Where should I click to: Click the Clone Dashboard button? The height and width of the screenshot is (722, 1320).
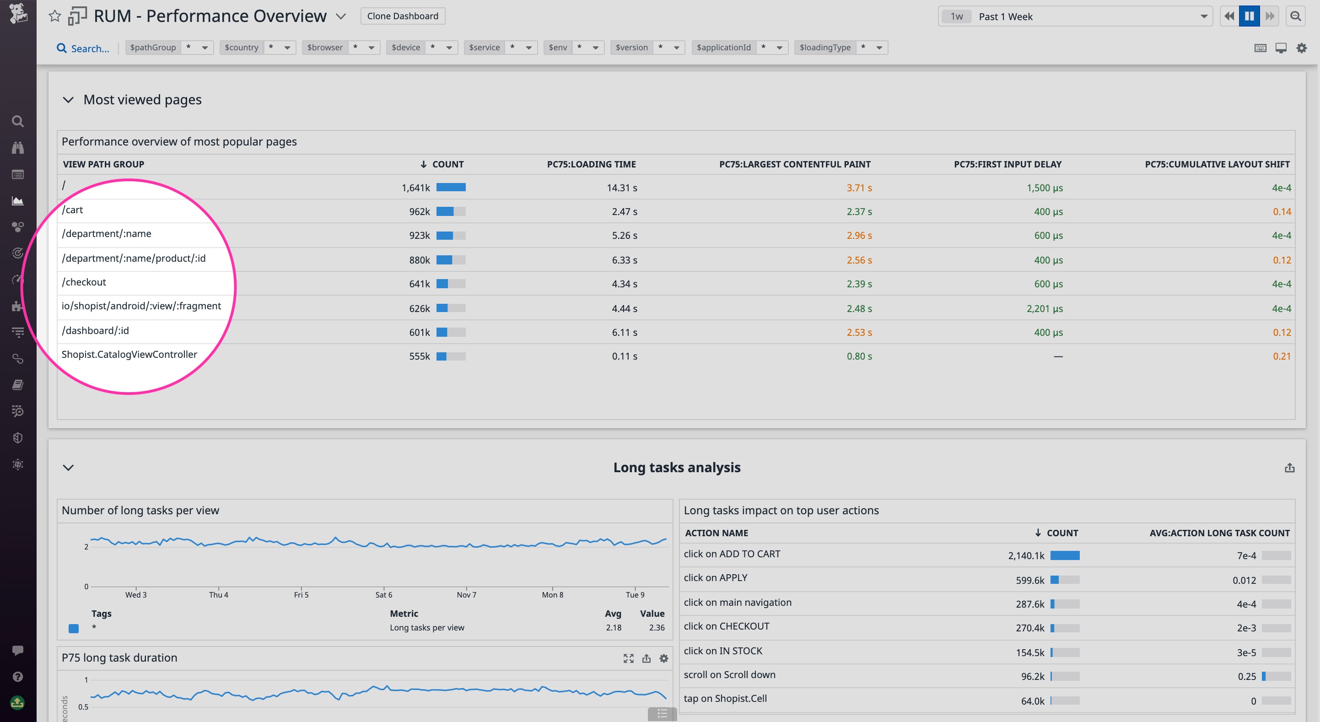402,16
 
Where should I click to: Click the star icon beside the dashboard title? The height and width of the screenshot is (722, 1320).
54,16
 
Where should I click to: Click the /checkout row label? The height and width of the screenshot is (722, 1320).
84,282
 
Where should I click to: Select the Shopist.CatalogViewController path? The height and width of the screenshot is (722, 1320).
129,355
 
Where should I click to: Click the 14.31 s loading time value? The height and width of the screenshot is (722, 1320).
622,188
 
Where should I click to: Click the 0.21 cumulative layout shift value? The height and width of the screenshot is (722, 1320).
1281,356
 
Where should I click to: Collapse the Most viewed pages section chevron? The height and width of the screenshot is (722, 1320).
68,100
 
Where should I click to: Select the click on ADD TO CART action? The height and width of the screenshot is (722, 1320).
732,554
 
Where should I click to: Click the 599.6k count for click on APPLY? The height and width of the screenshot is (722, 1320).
1029,581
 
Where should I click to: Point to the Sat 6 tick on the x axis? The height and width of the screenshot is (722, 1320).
383,595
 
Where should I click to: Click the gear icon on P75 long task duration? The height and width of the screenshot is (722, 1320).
663,658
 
